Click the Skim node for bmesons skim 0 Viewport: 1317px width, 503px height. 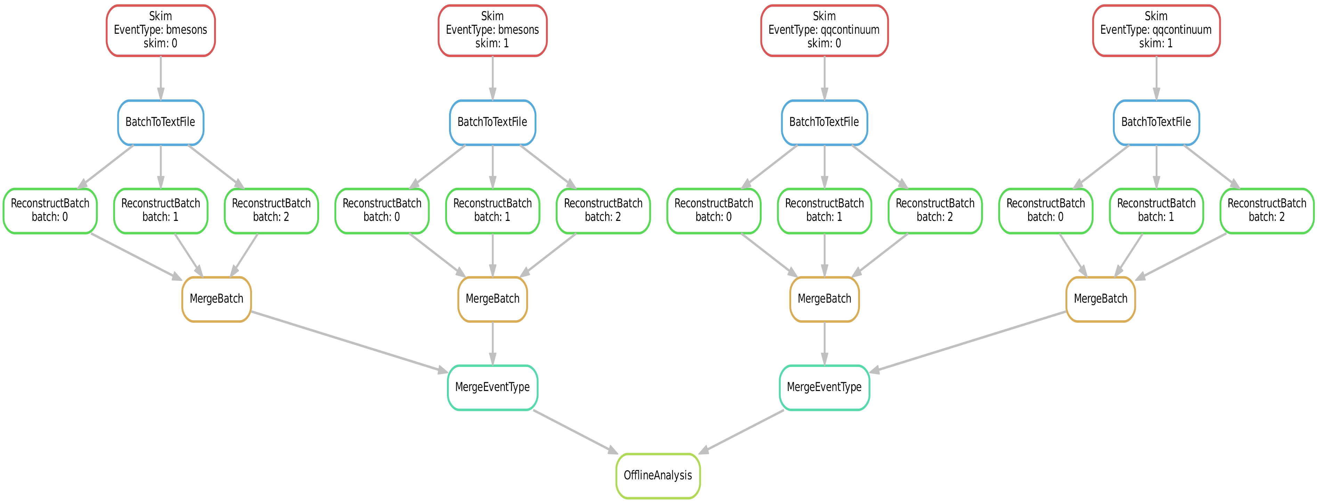tap(161, 30)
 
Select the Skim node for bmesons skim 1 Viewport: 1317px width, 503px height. tap(492, 30)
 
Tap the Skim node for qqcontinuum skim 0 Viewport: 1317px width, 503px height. tap(824, 30)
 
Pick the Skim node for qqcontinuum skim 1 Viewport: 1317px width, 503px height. tap(1156, 30)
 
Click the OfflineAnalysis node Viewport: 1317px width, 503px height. tap(658, 476)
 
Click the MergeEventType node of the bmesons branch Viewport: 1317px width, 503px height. tap(492, 388)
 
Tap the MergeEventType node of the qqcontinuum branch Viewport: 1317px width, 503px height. tap(824, 388)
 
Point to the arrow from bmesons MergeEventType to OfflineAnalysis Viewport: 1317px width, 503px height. tap(575, 431)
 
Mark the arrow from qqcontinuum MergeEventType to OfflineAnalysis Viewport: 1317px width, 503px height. tap(741, 431)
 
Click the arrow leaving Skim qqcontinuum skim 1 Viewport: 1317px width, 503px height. tap(1156, 78)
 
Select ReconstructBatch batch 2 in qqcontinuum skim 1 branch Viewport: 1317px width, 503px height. tap(1267, 210)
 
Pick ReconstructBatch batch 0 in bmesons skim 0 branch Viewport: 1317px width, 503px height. tap(50, 210)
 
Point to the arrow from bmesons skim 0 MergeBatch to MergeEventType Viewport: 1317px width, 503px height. tap(348, 341)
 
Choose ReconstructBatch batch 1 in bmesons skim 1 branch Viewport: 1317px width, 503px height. tap(492, 210)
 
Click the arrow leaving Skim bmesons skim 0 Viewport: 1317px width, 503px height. tap(161, 78)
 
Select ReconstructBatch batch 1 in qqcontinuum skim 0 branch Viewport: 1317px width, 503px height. tap(824, 210)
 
